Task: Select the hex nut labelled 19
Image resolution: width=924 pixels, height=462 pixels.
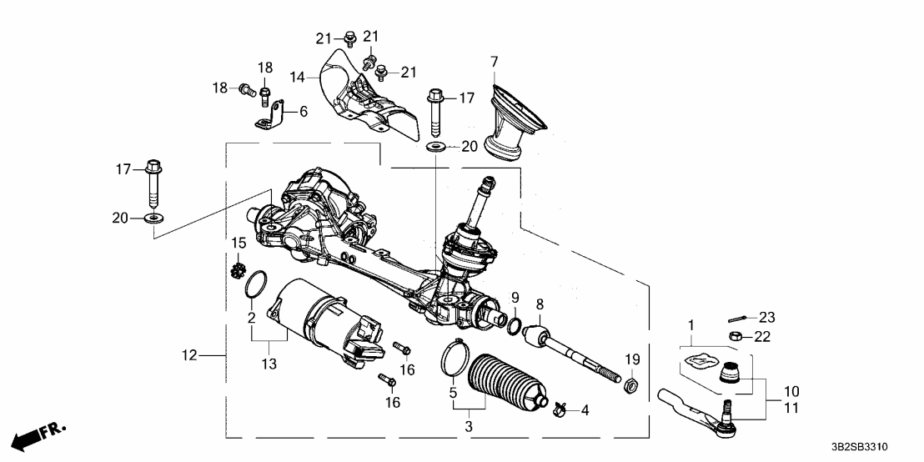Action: tap(632, 385)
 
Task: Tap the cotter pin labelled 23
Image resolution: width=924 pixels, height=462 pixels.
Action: tap(736, 318)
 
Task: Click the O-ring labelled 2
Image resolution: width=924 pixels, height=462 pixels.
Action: tap(255, 284)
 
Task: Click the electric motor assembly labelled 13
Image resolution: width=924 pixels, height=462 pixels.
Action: tap(325, 321)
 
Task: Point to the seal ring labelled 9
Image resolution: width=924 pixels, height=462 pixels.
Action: tap(516, 324)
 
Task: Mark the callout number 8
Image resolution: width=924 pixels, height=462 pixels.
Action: tap(540, 305)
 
